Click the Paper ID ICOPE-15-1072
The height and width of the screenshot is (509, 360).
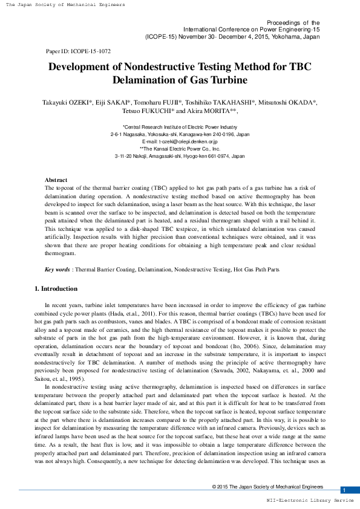click(78, 51)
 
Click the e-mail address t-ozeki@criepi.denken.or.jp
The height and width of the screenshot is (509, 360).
click(180, 141)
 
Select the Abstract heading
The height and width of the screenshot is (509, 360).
click(56, 180)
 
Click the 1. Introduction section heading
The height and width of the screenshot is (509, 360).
click(56, 289)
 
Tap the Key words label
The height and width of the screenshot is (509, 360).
click(57, 269)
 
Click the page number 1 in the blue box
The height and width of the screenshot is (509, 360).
click(344, 490)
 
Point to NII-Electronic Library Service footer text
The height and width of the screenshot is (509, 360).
click(310, 501)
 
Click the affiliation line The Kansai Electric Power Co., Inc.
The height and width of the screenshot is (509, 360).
click(180, 148)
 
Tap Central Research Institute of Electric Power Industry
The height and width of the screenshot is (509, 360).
click(180, 127)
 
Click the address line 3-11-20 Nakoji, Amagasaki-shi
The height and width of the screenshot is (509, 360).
click(180, 156)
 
